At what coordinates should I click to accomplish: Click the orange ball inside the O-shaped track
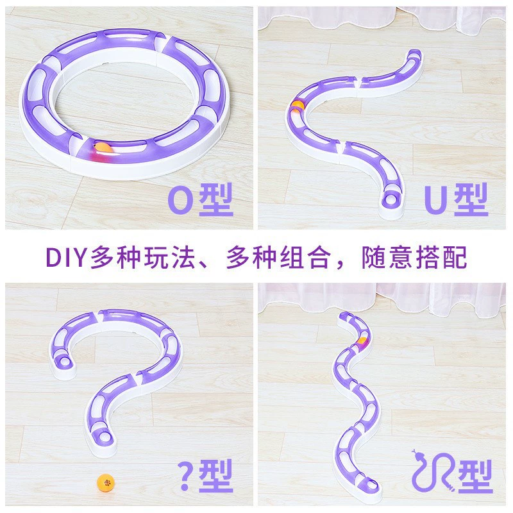[x=103, y=148]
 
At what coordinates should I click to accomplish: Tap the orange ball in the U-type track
[x=298, y=106]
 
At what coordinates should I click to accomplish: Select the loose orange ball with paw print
[x=106, y=482]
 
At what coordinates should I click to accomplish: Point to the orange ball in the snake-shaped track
[x=362, y=341]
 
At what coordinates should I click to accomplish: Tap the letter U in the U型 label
[x=435, y=199]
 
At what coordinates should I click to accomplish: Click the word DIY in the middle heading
[x=66, y=257]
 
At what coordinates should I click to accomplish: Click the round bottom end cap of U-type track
[x=392, y=199]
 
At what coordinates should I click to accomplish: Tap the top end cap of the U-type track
[x=415, y=54]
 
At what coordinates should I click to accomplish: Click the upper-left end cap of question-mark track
[x=64, y=362]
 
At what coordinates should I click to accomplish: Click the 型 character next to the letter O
[x=215, y=199]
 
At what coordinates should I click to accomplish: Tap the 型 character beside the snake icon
[x=475, y=476]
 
